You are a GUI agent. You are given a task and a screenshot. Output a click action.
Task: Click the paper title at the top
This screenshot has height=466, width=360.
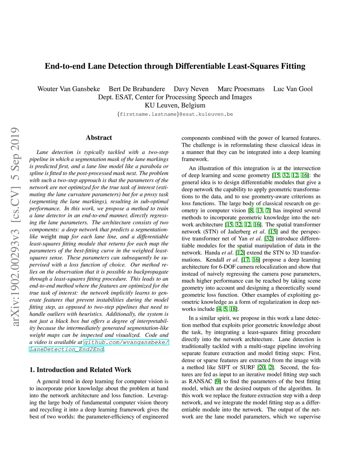pyautogui.click(x=175, y=66)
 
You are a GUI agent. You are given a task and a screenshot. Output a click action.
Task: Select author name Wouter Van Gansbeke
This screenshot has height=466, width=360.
pyautogui.click(x=69, y=89)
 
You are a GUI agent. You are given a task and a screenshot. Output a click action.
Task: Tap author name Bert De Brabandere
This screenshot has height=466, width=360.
pyautogui.click(x=137, y=89)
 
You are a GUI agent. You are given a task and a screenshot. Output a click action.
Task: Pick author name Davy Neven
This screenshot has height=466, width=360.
pyautogui.click(x=191, y=89)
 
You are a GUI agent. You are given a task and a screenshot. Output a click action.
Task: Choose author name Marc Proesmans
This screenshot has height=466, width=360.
pyautogui.click(x=241, y=89)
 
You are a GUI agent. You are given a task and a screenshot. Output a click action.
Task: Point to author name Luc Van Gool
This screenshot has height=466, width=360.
pyautogui.click(x=293, y=89)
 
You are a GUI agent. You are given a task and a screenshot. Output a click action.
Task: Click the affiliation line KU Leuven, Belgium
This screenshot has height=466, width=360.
pyautogui.click(x=175, y=105)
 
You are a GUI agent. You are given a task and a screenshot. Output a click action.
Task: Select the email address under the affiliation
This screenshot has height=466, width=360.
pyautogui.click(x=175, y=114)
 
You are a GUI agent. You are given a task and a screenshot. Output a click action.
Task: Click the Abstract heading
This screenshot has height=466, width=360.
pyautogui.click(x=99, y=138)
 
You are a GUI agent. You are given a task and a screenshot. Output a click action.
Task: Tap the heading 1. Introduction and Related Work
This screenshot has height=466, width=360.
pyautogui.click(x=80, y=370)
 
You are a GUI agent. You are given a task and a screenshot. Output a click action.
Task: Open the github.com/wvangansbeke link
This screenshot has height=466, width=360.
pyautogui.click(x=126, y=342)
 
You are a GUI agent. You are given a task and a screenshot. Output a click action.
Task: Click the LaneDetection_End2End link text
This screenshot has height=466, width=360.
pyautogui.click(x=67, y=349)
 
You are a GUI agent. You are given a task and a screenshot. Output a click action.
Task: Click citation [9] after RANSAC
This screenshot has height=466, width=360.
pyautogui.click(x=218, y=381)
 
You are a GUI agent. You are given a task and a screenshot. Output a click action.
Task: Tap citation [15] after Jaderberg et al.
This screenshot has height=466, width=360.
pyautogui.click(x=272, y=231)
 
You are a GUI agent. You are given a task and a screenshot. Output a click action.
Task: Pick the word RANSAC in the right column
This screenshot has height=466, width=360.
pyautogui.click(x=200, y=381)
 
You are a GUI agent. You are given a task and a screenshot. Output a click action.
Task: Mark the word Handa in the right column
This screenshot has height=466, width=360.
pyautogui.click(x=212, y=253)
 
